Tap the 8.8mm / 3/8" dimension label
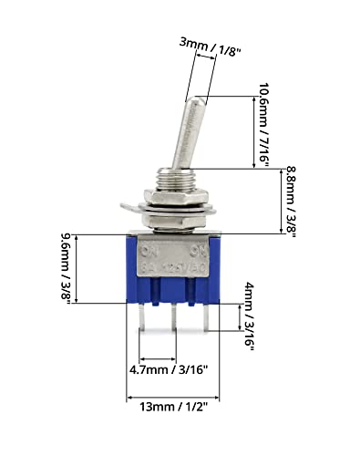coord(289,199)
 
